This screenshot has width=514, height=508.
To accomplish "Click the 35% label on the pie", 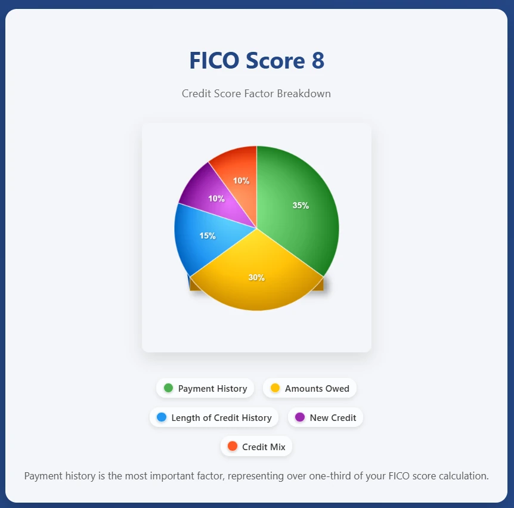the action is click(x=301, y=206).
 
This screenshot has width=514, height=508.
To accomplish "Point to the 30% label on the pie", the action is click(x=256, y=278).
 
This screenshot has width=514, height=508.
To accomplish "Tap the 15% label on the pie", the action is click(x=208, y=236).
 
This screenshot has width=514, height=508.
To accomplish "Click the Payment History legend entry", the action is click(x=205, y=388).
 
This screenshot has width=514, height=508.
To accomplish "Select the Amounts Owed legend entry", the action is click(x=310, y=388).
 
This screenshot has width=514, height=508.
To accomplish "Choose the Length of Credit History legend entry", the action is click(x=214, y=417).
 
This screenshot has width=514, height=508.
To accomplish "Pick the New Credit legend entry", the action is click(x=326, y=417).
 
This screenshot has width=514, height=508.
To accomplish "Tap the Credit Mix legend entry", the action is click(x=256, y=447).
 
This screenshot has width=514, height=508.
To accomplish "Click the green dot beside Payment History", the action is click(x=168, y=388).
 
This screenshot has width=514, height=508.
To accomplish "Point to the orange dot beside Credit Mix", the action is click(x=233, y=446).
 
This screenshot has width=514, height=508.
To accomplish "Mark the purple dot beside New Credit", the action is click(x=300, y=417).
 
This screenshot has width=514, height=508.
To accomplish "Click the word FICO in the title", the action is click(x=215, y=61).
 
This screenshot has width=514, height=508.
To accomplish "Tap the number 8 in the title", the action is click(x=318, y=61).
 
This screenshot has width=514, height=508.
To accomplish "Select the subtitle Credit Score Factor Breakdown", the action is click(x=256, y=94).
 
